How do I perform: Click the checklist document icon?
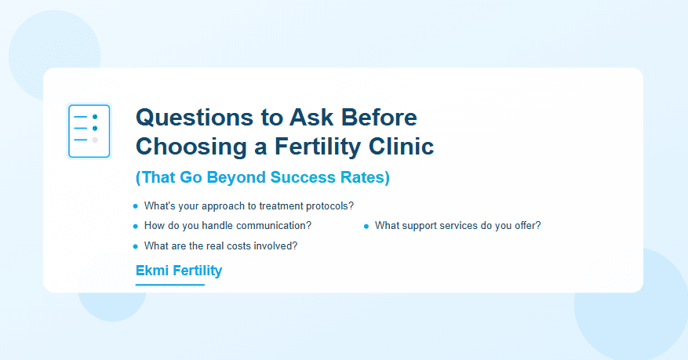point(89,131)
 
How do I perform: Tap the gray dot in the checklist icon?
point(95,140)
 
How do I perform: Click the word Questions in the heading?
point(195,118)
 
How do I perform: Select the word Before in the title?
point(379,118)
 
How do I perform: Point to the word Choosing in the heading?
point(191,147)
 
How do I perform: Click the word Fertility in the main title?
point(319,147)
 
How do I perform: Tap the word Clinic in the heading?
point(401,147)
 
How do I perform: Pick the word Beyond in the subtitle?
point(236,177)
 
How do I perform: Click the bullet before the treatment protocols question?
point(135,206)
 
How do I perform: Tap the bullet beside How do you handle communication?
point(135,226)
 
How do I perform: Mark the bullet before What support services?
point(366,226)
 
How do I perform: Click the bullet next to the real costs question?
point(135,246)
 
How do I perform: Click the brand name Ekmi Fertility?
point(179,271)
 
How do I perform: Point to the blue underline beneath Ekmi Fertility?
point(170,285)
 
